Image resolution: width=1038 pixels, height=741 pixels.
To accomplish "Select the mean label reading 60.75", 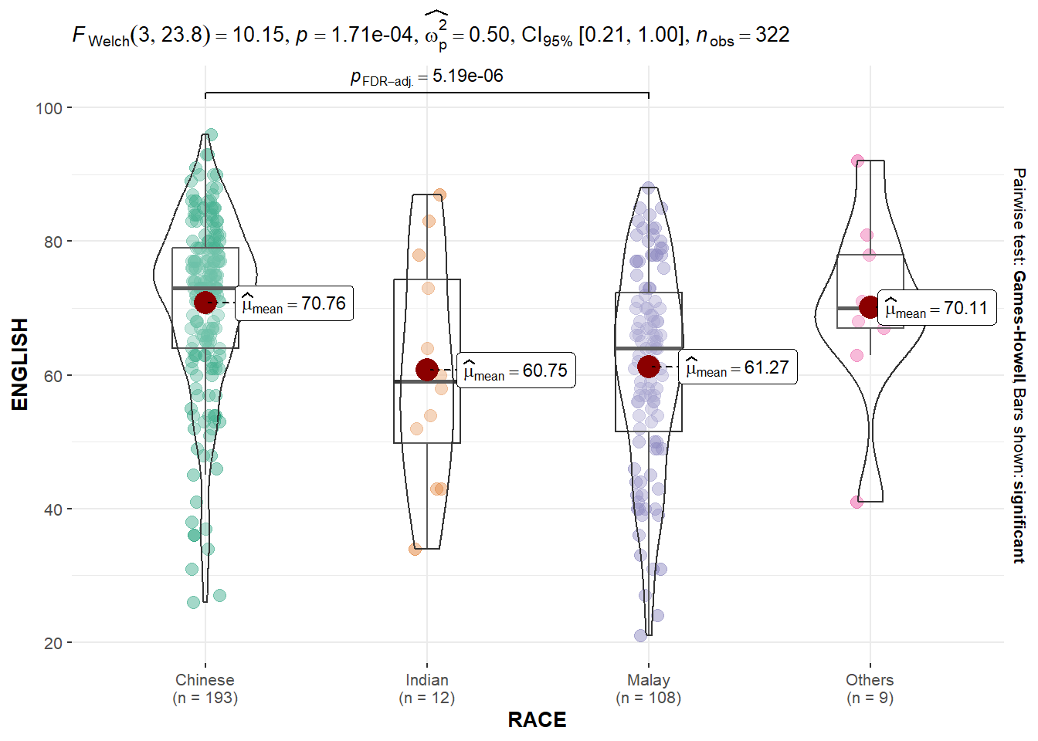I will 517,370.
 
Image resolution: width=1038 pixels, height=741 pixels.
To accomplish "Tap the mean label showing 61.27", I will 738,367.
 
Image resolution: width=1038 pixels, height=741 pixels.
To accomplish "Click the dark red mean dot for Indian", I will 427,370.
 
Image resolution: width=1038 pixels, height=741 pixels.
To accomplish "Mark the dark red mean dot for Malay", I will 649,367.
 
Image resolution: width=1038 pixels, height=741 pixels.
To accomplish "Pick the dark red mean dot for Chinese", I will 205,303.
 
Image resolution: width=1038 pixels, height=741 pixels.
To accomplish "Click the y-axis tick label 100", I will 49,108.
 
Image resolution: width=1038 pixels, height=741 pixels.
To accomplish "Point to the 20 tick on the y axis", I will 53,643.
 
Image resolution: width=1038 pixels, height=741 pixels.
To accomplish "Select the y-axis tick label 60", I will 53,376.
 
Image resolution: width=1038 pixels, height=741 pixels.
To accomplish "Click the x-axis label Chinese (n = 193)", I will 205,689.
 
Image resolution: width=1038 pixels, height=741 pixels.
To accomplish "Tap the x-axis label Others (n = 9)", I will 870,689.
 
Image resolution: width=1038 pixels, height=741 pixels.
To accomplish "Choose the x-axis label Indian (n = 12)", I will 427,689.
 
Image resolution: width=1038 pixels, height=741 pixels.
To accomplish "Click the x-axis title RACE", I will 537,720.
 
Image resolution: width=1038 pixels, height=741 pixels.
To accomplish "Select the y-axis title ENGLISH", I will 20,364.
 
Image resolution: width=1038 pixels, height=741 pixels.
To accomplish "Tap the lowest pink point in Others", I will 857,502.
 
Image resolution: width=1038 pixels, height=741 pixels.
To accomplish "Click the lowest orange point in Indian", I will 416,549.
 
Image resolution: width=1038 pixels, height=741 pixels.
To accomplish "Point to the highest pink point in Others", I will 857,161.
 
